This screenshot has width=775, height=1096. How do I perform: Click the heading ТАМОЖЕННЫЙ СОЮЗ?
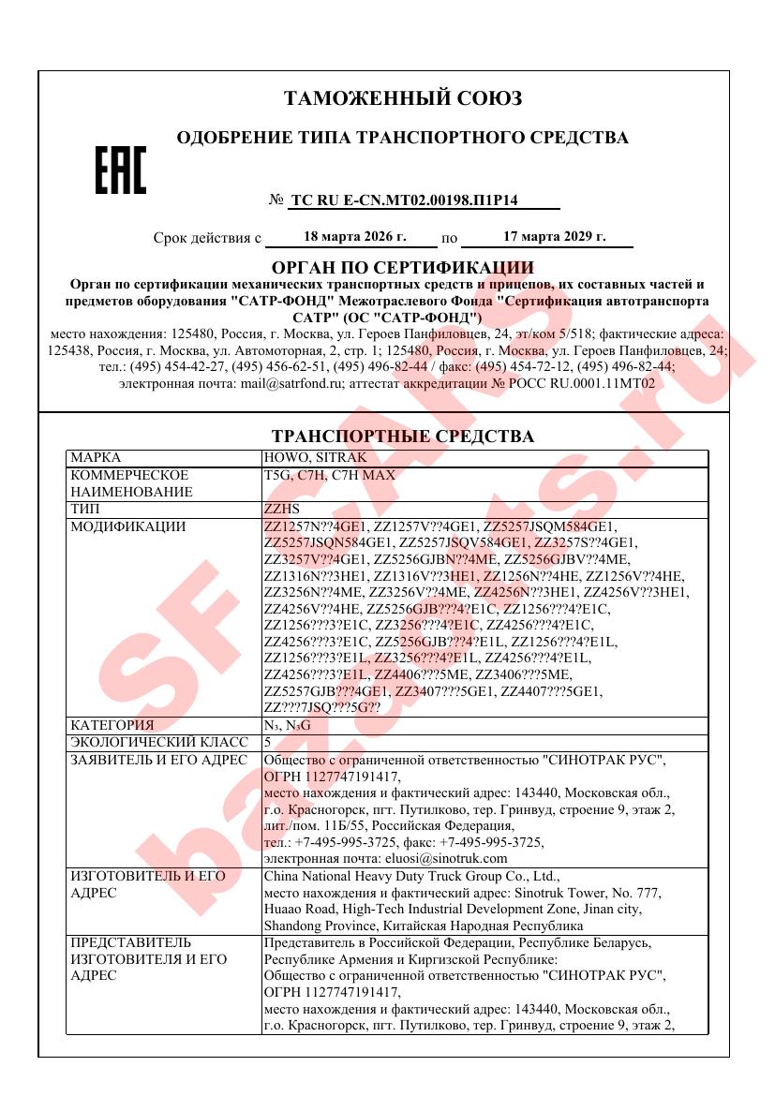[402, 98]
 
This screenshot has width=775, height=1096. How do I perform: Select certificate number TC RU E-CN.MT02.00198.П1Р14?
[411, 200]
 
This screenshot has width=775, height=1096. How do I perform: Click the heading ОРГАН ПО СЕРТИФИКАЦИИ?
[402, 268]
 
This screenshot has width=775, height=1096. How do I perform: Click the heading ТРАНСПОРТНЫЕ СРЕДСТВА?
[402, 437]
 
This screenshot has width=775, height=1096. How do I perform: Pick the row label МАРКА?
[96, 457]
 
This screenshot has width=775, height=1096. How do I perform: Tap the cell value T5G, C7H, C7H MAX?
[330, 475]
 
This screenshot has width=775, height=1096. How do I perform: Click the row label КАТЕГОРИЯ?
[112, 725]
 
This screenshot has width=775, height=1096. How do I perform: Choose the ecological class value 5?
[268, 742]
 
